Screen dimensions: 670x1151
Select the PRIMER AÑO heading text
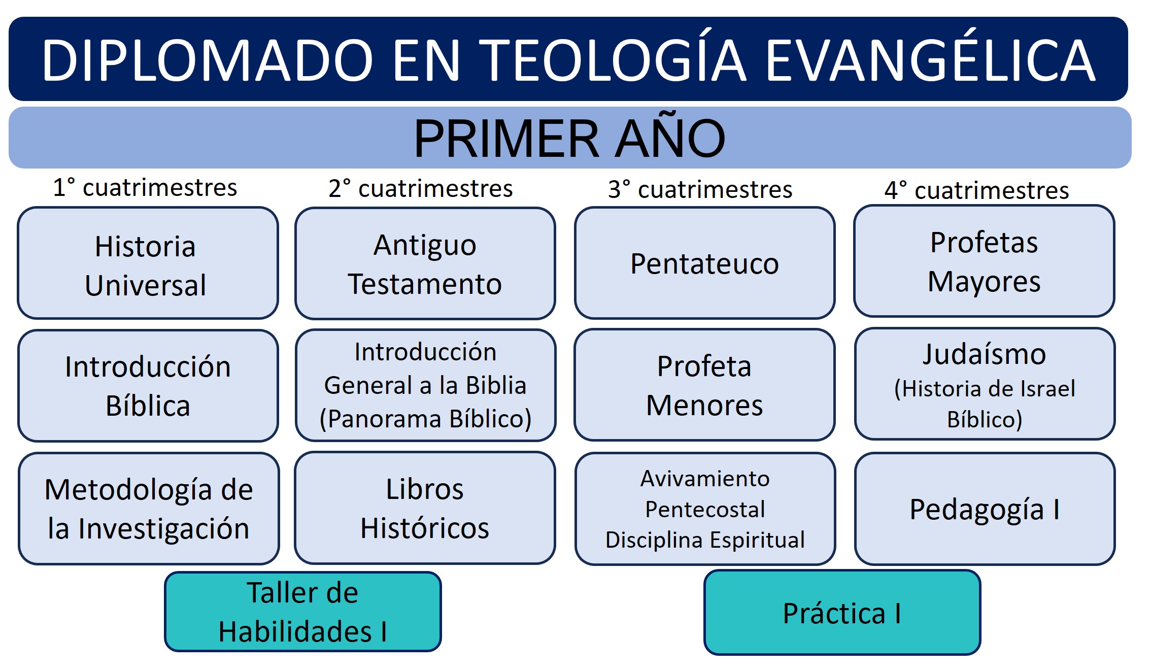tap(569, 138)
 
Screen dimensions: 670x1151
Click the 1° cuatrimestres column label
tap(145, 187)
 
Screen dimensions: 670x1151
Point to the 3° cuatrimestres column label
tap(700, 189)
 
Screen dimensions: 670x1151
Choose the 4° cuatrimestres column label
tap(976, 190)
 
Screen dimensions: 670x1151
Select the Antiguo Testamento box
tap(425, 264)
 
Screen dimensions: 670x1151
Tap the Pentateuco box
tap(704, 263)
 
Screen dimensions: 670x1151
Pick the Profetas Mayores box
tap(984, 261)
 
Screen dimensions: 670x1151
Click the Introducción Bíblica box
tap(148, 386)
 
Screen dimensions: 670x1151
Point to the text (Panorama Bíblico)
tap(425, 419)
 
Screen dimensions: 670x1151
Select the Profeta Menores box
tap(704, 385)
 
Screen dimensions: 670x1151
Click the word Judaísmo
tap(984, 354)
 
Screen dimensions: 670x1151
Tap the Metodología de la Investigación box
tap(149, 509)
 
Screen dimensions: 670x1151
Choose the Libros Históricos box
tap(425, 508)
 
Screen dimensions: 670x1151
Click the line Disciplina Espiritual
tap(705, 540)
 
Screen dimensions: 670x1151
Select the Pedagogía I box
tap(985, 509)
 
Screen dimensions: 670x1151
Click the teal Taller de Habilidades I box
tap(302, 612)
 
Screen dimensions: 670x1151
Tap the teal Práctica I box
tap(842, 613)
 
